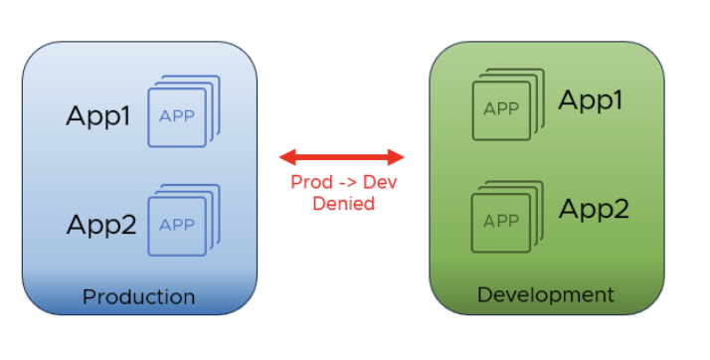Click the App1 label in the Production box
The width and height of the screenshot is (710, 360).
tap(98, 116)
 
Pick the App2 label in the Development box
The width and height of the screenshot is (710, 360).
tap(595, 209)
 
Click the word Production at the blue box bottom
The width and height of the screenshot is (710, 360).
tap(138, 297)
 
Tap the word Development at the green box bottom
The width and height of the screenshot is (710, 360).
tap(545, 295)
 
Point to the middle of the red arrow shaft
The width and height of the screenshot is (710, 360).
tap(342, 156)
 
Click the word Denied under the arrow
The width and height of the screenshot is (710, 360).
tap(343, 204)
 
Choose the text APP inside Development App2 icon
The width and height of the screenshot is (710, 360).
tap(501, 221)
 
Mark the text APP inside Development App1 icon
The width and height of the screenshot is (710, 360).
tap(501, 109)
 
